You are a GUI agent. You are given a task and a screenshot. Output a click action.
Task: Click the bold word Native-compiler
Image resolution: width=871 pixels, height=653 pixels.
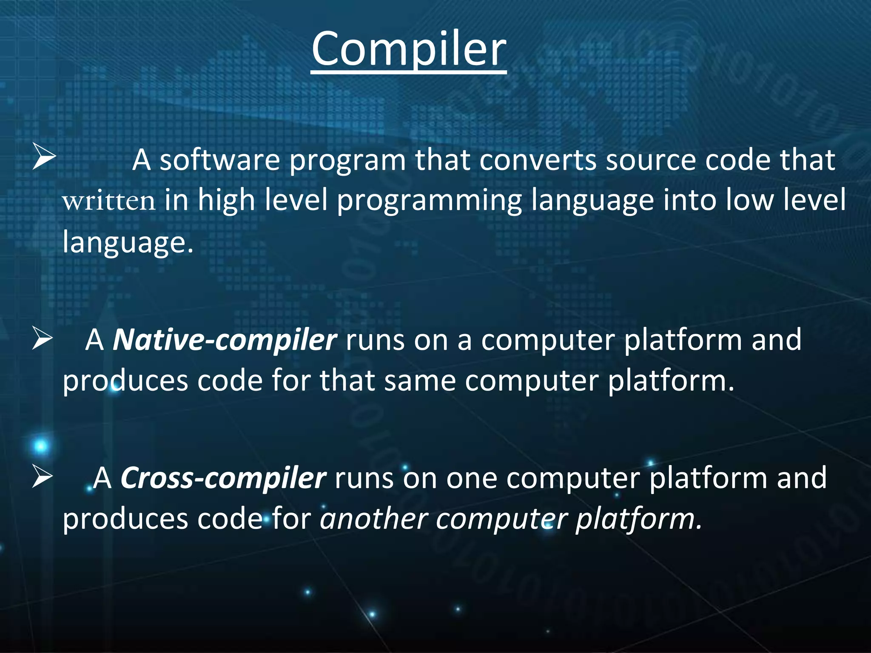click(225, 340)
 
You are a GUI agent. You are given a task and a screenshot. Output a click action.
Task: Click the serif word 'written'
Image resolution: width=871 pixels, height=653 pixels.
click(109, 201)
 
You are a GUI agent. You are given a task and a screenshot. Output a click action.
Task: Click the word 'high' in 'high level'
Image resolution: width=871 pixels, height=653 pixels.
click(226, 201)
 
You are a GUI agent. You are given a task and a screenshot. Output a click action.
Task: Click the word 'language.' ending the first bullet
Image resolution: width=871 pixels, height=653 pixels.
click(128, 242)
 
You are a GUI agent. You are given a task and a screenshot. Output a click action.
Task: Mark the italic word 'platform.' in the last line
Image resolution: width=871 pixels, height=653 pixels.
click(638, 519)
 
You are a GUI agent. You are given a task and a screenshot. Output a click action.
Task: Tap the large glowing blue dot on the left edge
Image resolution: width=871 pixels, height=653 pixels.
click(41, 446)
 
